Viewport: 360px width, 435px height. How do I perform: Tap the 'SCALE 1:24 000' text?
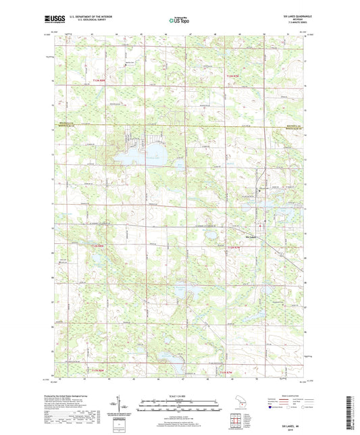(179, 396)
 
